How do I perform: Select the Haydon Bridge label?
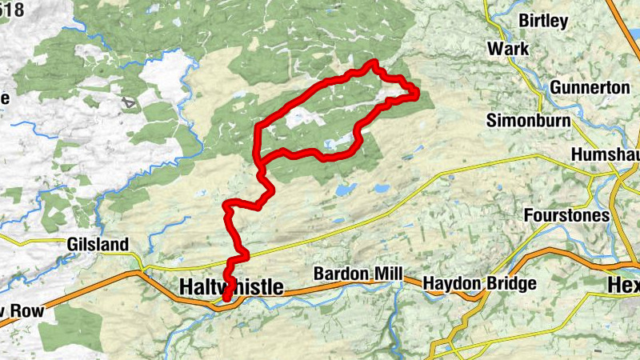tap(479, 284)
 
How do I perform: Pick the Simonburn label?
tap(528, 121)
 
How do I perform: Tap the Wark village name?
tap(508, 50)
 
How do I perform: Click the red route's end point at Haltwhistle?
tap(226, 298)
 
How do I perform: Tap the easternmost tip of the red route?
tap(417, 95)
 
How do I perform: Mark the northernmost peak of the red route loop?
tap(374, 62)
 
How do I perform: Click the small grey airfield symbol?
tap(128, 102)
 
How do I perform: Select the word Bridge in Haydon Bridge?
tap(509, 284)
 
